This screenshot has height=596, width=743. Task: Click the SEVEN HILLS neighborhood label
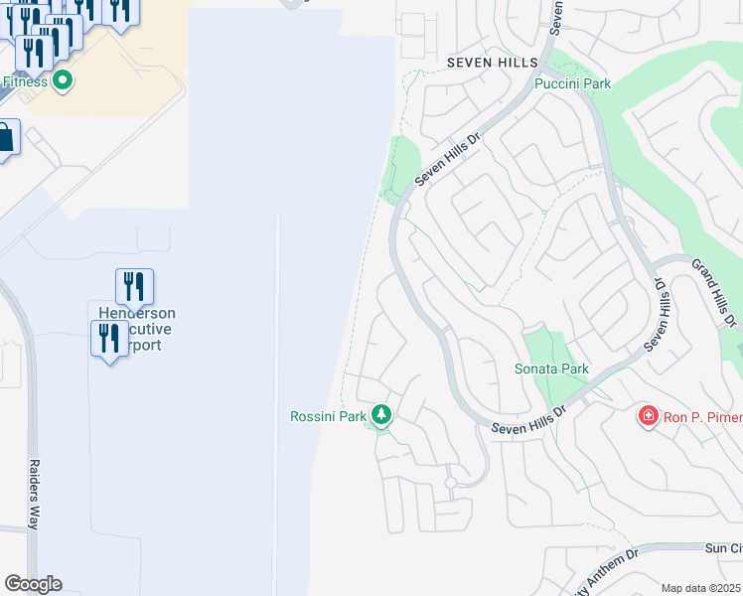(492, 63)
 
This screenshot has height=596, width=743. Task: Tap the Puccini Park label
(573, 84)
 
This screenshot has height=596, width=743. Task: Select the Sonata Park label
(551, 370)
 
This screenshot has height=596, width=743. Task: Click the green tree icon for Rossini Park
(380, 414)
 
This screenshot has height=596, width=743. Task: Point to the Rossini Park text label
(328, 416)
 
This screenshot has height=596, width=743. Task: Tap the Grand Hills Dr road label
(714, 293)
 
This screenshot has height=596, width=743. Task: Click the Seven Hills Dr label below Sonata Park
(528, 418)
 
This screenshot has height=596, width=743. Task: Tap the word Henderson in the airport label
(137, 313)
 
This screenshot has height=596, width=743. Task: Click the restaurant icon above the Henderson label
(134, 286)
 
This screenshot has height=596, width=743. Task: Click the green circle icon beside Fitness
(63, 80)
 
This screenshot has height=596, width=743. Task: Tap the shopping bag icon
(5, 138)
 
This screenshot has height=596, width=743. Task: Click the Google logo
(33, 584)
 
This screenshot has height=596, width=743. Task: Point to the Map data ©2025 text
(701, 588)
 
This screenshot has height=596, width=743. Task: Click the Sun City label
(722, 548)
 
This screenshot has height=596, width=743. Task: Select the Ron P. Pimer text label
(702, 416)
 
